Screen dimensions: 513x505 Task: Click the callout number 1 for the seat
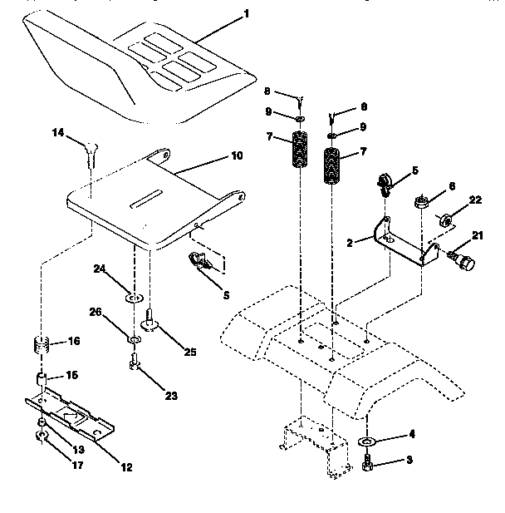pyautogui.click(x=247, y=14)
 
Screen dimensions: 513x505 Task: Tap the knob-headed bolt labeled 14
pyautogui.click(x=91, y=150)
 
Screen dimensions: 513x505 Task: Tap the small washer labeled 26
pyautogui.click(x=133, y=340)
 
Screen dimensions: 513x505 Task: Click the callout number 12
pyautogui.click(x=125, y=467)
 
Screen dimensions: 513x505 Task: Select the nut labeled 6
pyautogui.click(x=421, y=201)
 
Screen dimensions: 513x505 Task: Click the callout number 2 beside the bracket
pyautogui.click(x=351, y=243)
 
